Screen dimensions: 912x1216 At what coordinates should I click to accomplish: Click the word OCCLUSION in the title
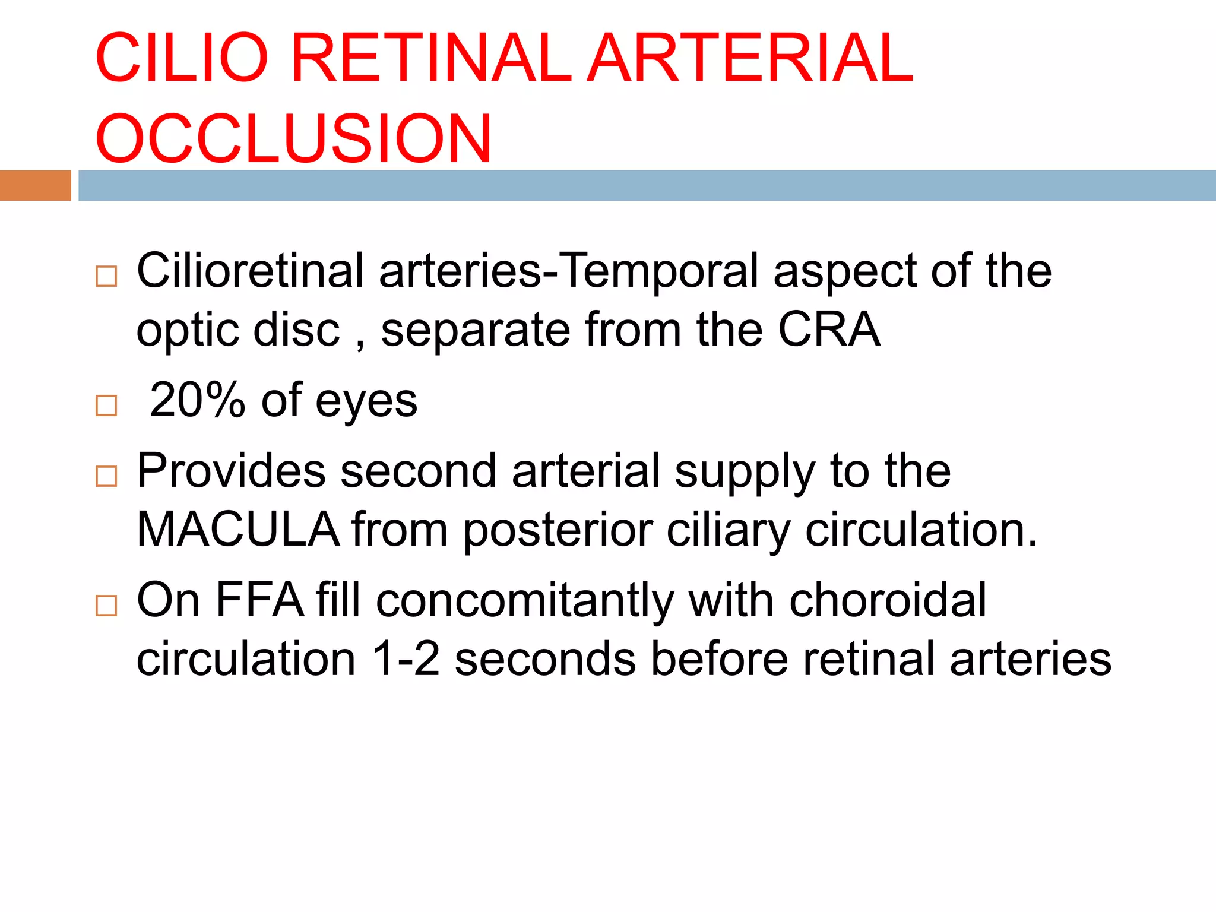tap(293, 138)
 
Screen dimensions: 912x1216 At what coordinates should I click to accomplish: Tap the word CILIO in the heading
tap(182, 58)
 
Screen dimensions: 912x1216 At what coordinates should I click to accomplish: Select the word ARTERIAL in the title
tap(750, 58)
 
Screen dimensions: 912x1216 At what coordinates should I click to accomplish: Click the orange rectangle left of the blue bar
tap(35, 185)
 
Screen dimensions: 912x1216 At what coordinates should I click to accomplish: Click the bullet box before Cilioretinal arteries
tap(106, 276)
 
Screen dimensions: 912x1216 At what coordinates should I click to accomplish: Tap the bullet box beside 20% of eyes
tap(106, 406)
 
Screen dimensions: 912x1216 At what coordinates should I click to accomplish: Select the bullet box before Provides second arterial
tap(106, 476)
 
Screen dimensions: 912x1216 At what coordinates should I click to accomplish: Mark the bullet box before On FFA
tap(106, 606)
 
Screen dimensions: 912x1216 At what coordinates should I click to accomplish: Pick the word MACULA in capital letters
tap(237, 529)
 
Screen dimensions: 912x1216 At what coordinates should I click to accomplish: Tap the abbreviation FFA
tap(259, 600)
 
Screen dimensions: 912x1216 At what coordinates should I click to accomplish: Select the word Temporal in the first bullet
tap(659, 271)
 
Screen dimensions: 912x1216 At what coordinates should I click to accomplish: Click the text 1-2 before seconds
tap(406, 658)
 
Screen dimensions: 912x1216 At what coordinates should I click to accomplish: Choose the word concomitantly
tap(524, 600)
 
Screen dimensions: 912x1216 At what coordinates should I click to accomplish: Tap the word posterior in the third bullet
tap(558, 529)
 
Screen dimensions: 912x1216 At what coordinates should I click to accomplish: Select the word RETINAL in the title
tap(431, 58)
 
